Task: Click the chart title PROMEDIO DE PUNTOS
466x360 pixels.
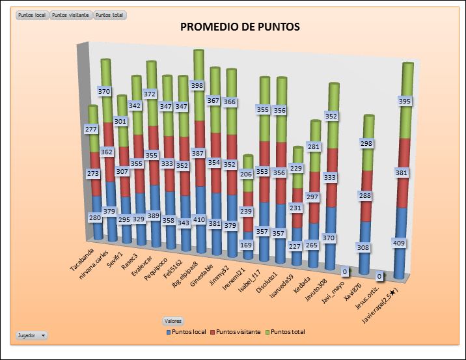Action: click(x=240, y=27)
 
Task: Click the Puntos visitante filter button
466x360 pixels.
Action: click(x=71, y=14)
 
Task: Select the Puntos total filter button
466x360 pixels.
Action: click(x=110, y=14)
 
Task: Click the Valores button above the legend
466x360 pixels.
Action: click(x=172, y=321)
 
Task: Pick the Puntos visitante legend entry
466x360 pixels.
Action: click(x=236, y=332)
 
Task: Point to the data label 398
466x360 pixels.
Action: click(x=197, y=85)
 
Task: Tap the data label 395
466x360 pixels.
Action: click(x=405, y=102)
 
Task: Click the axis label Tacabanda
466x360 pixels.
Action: click(x=82, y=258)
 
